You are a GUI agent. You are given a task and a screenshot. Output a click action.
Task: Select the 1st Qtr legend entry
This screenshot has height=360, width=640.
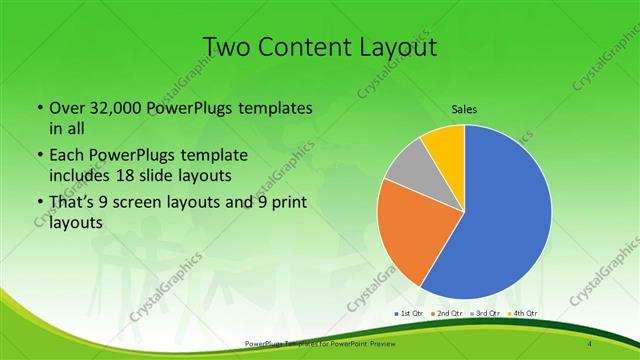(x=411, y=313)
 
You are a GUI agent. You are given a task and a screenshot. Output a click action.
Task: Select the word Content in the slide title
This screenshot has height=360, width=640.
(x=304, y=47)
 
